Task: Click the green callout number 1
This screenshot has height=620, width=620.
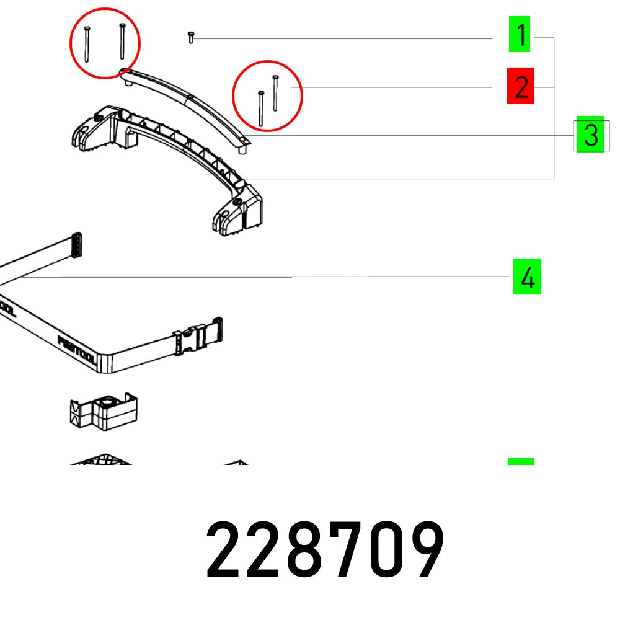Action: point(521,35)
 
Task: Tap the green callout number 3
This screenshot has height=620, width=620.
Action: point(590,135)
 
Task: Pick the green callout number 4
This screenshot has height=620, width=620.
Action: point(527,277)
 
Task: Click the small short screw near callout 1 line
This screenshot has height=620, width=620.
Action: point(191,38)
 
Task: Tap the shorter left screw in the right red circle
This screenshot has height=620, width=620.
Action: point(261,109)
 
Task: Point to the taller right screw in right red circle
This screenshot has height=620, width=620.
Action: point(275,93)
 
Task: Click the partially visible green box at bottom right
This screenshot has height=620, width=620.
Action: point(521,461)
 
